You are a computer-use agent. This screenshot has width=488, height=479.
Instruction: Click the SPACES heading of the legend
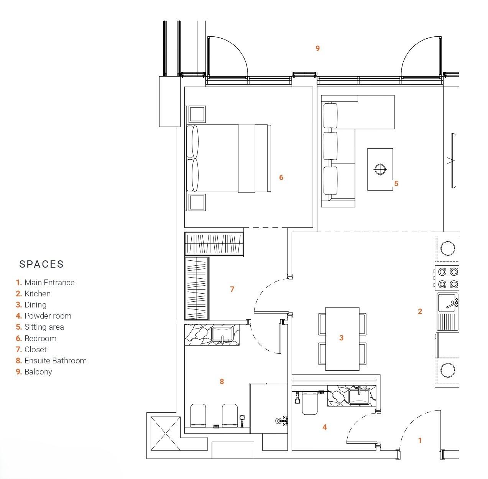pyautogui.click(x=41, y=264)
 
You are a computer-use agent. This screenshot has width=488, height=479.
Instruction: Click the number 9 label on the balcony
pyautogui.click(x=317, y=48)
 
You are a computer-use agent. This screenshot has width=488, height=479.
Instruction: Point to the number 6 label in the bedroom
pyautogui.click(x=281, y=177)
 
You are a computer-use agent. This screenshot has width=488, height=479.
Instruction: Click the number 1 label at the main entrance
pyautogui.click(x=420, y=440)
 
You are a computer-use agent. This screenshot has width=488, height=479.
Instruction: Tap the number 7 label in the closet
pyautogui.click(x=232, y=289)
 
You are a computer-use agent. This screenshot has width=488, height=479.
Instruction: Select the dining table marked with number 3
pyautogui.click(x=342, y=338)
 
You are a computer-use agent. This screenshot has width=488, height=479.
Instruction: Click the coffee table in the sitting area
pyautogui.click(x=380, y=169)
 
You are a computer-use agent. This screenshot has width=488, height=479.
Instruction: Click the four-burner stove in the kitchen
pyautogui.click(x=448, y=278)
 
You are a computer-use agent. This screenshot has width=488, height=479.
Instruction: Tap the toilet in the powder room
pyautogui.click(x=309, y=403)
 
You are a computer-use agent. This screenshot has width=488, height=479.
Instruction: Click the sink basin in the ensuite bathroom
pyautogui.click(x=222, y=334)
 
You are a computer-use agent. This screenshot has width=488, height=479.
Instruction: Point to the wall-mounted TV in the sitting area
pyautogui.click(x=453, y=160)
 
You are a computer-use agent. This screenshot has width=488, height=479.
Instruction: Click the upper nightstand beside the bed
pyautogui.click(x=197, y=114)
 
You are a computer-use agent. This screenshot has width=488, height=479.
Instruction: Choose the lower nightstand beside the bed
pyautogui.click(x=197, y=202)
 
